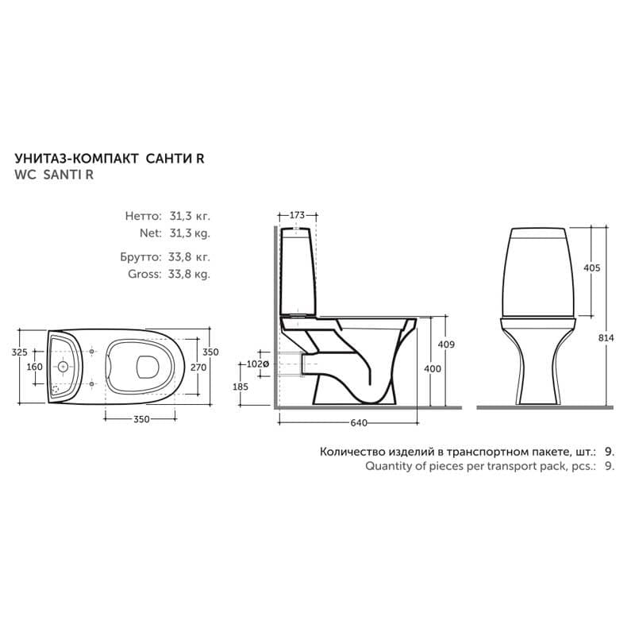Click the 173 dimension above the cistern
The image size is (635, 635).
[297, 215]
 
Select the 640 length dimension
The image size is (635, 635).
[359, 423]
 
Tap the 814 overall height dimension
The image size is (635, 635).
[606, 338]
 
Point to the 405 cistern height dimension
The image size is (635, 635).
[591, 267]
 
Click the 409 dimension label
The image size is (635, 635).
[446, 344]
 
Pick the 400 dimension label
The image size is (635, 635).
[433, 368]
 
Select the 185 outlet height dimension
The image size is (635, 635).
[241, 387]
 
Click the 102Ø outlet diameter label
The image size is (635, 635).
[257, 364]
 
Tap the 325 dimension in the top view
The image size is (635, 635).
[19, 352]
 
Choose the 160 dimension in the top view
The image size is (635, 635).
[34, 367]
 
